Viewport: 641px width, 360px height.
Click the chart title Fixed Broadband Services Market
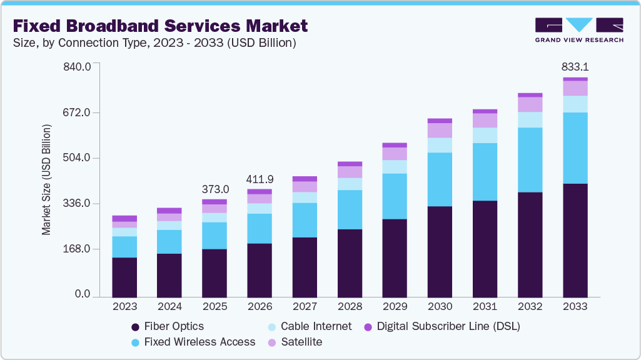click(160, 26)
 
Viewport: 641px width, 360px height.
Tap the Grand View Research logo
click(579, 30)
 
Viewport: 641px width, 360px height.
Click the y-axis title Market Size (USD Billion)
click(46, 180)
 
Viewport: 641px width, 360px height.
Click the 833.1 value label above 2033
click(575, 66)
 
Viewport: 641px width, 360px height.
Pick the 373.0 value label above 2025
click(215, 189)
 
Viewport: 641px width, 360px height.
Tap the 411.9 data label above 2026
click(260, 179)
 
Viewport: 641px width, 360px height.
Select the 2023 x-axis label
click(124, 307)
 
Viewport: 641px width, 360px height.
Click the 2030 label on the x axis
click(440, 307)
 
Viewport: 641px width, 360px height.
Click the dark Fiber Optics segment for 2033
click(575, 240)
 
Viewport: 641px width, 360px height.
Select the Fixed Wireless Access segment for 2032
click(530, 159)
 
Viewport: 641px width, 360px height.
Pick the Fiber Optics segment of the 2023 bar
click(124, 277)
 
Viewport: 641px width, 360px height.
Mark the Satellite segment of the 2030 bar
click(440, 130)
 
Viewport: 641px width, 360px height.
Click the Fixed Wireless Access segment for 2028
click(350, 209)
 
